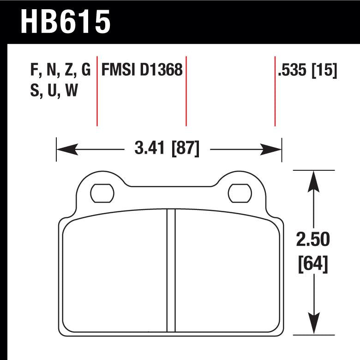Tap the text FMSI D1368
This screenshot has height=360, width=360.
coord(142,70)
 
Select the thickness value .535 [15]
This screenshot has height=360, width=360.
coord(307,70)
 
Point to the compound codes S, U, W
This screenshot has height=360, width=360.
coord(54,91)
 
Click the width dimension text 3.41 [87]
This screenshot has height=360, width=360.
coord(167,149)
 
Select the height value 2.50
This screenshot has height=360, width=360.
coord(314,240)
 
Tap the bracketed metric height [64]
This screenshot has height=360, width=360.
coord(314,264)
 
